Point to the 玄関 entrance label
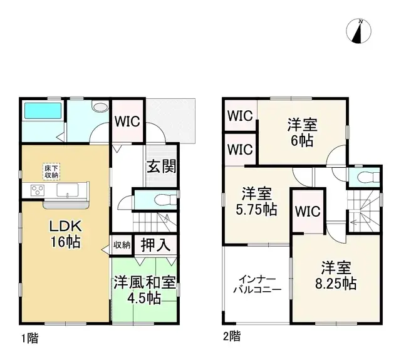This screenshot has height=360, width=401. [161, 167]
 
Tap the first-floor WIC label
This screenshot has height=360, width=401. [128, 121]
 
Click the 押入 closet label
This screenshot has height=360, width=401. [154, 245]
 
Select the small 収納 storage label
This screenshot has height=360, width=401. [122, 245]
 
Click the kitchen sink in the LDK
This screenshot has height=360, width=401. [66, 190]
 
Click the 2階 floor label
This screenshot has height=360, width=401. [231, 337]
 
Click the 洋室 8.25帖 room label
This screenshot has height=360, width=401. [331, 276]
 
